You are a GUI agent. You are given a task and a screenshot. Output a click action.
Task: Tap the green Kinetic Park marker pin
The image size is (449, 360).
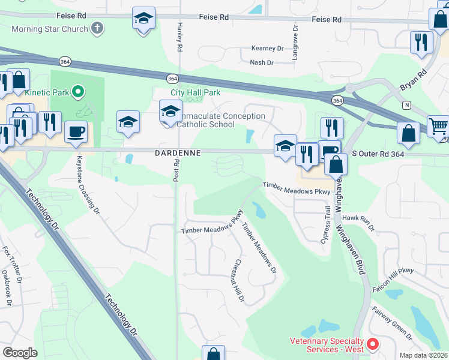pos(77,92)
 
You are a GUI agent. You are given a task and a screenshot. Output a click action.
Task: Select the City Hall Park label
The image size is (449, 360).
pos(196,92)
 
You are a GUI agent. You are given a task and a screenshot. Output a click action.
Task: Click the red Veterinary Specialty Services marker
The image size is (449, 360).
pos(373,344)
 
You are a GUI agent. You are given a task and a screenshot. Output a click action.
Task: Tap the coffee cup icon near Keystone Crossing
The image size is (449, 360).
pos(76,133)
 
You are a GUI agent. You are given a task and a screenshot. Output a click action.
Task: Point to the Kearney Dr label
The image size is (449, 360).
pos(267,48)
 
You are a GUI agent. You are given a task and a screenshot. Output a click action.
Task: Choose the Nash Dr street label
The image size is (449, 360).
pos(261,62)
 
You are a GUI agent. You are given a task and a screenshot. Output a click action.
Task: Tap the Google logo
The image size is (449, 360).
pos(20,353)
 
